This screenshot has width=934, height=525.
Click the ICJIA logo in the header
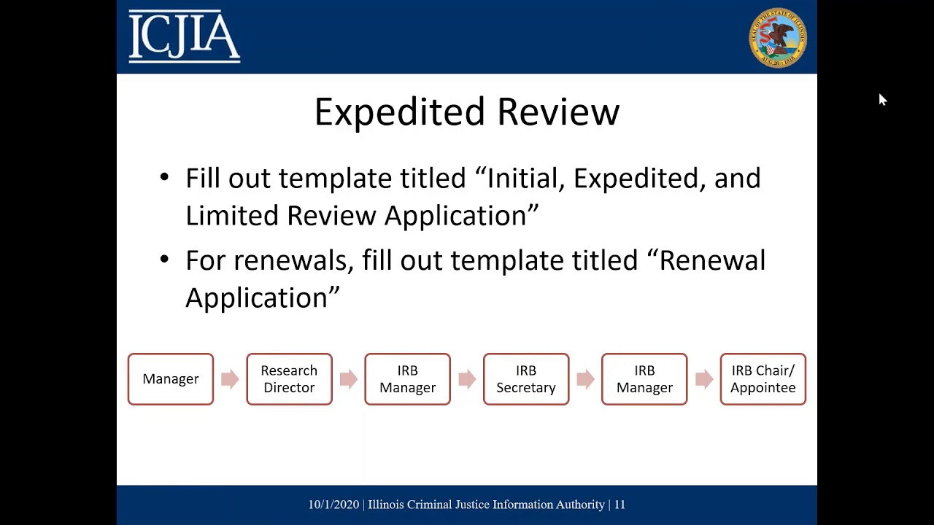tap(184, 36)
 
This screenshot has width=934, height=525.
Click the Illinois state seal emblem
tap(778, 38)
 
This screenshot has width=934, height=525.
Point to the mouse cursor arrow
tap(881, 99)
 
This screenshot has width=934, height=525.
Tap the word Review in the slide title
tap(558, 113)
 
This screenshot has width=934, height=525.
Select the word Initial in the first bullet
tap(525, 179)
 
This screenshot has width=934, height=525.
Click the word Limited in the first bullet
tap(232, 216)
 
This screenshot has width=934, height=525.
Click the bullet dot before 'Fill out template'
tap(164, 178)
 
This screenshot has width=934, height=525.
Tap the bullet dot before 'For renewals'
tap(164, 260)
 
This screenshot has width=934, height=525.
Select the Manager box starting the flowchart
tap(171, 379)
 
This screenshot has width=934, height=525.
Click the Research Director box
tap(289, 379)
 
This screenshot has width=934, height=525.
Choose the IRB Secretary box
tap(526, 379)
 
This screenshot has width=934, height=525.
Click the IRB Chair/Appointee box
tap(763, 379)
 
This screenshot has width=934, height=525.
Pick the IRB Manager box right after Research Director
tap(407, 379)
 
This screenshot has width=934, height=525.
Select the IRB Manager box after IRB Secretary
tap(644, 379)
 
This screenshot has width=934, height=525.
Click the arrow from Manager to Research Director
tap(230, 379)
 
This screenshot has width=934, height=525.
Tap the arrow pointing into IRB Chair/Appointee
tap(704, 379)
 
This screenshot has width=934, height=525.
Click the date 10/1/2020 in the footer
tap(333, 505)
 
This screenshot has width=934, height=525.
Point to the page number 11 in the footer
tap(620, 505)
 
